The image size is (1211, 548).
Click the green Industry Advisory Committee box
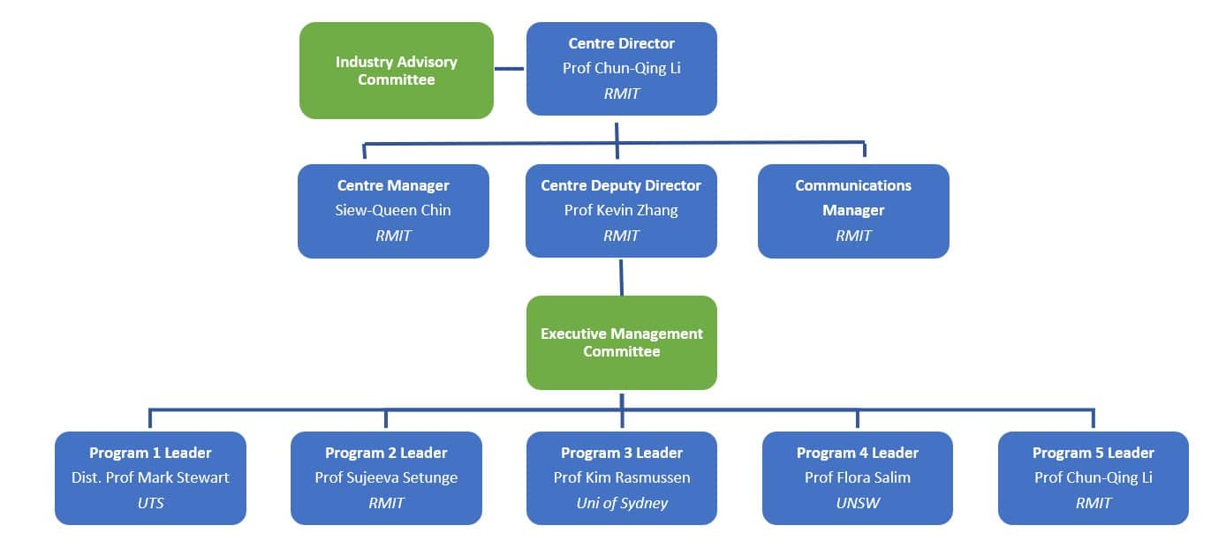(396, 71)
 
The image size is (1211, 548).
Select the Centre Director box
(621, 69)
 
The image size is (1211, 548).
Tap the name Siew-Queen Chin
(393, 210)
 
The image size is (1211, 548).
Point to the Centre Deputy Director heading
(621, 185)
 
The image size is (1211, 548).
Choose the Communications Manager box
(853, 211)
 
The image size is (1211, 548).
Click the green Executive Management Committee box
(621, 342)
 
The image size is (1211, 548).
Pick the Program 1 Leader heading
(150, 453)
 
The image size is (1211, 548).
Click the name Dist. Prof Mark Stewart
(150, 477)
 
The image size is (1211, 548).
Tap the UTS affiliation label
(150, 503)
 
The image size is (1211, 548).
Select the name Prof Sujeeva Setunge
(386, 477)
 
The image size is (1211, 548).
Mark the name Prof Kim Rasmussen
(622, 477)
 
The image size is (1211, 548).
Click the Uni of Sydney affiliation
(622, 503)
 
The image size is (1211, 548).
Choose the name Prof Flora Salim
(858, 477)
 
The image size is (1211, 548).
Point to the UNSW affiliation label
(858, 503)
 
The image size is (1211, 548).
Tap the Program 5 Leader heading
(1094, 453)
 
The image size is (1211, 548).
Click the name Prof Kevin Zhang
(621, 210)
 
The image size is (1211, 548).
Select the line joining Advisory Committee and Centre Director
(510, 68)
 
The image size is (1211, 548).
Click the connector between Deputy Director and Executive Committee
(621, 276)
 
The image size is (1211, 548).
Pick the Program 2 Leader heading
(386, 453)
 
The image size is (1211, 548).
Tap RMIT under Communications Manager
(853, 236)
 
